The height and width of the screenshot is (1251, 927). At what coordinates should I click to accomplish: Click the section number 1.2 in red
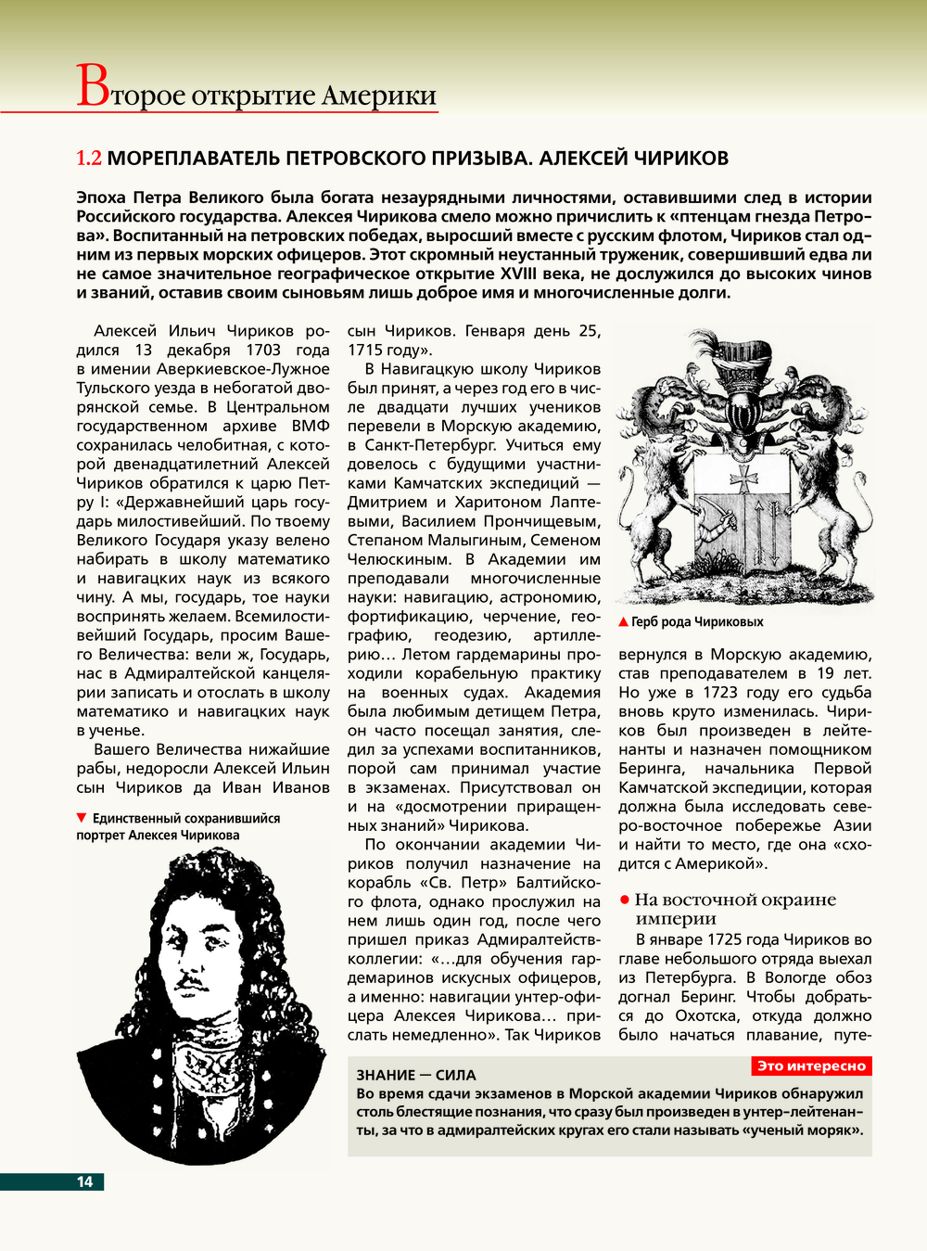coord(89,159)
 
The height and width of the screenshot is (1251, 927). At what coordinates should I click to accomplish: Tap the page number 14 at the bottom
coord(84,1181)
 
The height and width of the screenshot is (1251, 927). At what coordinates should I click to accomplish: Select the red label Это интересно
coord(811,1066)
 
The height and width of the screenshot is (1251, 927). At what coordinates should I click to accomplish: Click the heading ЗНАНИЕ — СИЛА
coord(416,1076)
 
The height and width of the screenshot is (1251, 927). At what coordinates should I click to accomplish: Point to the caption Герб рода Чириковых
coord(697,622)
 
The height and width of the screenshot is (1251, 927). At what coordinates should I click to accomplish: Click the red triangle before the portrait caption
coord(82,818)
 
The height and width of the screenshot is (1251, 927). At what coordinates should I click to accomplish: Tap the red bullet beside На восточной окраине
coord(625,900)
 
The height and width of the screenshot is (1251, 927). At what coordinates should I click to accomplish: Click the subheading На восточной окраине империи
coord(734,909)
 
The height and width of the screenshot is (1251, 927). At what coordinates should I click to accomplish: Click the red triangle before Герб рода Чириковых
coord(624,622)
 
